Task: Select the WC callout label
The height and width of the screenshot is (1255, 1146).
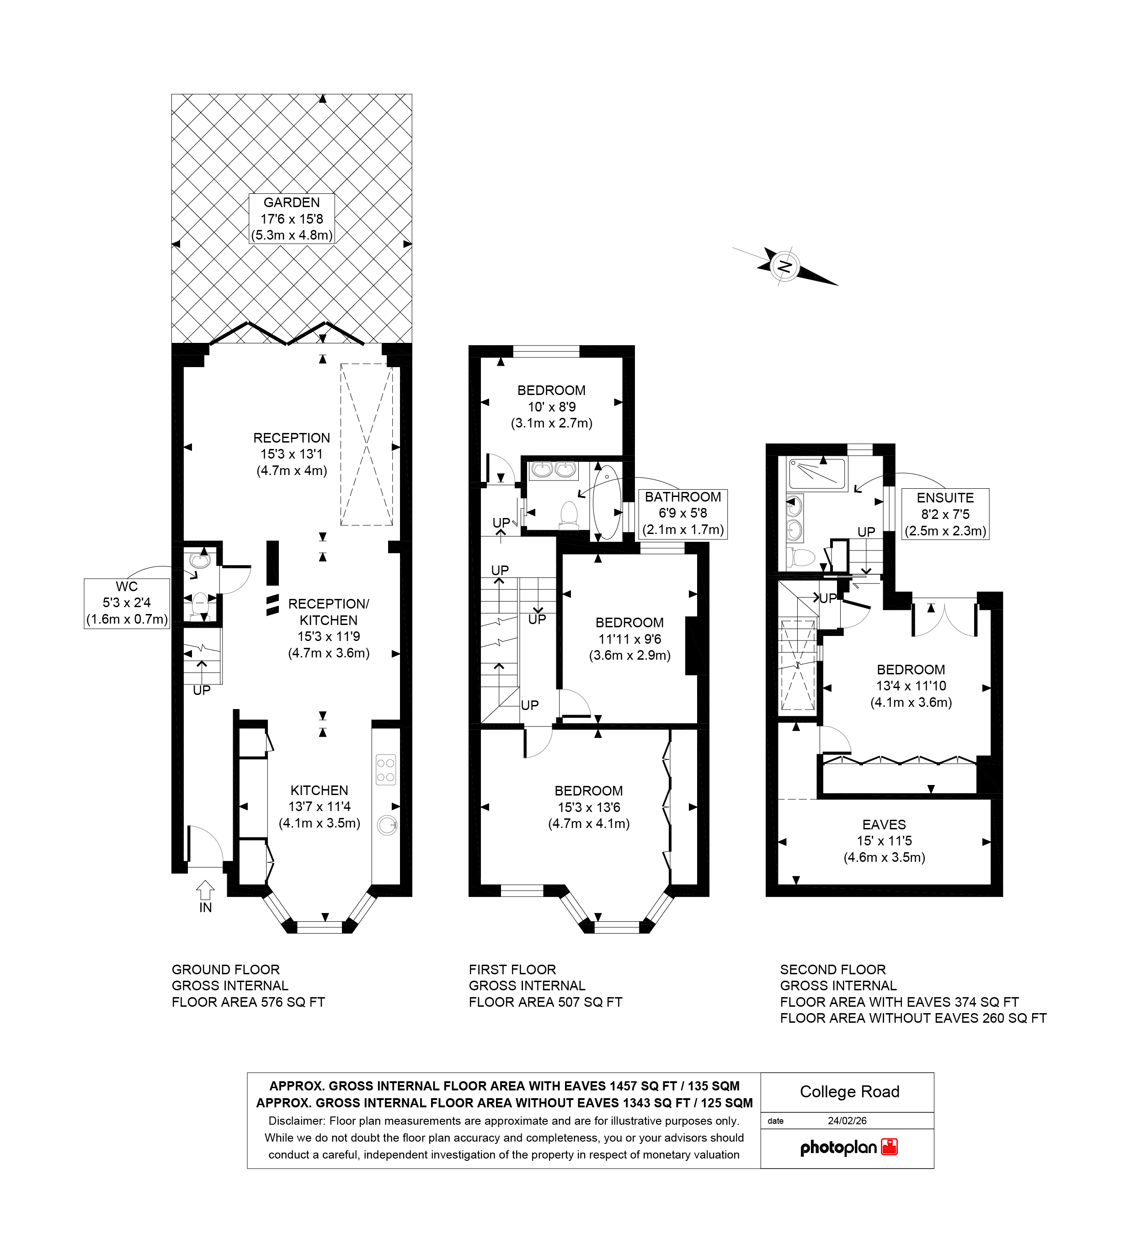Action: (x=126, y=603)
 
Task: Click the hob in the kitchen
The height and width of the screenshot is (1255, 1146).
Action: (x=385, y=769)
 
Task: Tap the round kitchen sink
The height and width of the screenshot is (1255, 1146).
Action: (x=387, y=825)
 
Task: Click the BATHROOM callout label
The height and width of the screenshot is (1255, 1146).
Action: (x=683, y=513)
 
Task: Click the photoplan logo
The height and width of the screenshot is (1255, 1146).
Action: (x=848, y=1147)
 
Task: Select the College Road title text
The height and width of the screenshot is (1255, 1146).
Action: (x=849, y=1091)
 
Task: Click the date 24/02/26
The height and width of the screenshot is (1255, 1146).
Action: (x=847, y=1121)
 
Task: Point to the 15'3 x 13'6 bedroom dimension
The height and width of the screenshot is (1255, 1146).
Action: (x=588, y=807)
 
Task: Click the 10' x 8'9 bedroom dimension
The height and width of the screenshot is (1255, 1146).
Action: (x=552, y=407)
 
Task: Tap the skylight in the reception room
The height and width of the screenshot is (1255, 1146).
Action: (x=367, y=444)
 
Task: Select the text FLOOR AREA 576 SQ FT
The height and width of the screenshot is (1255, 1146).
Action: (x=248, y=1002)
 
